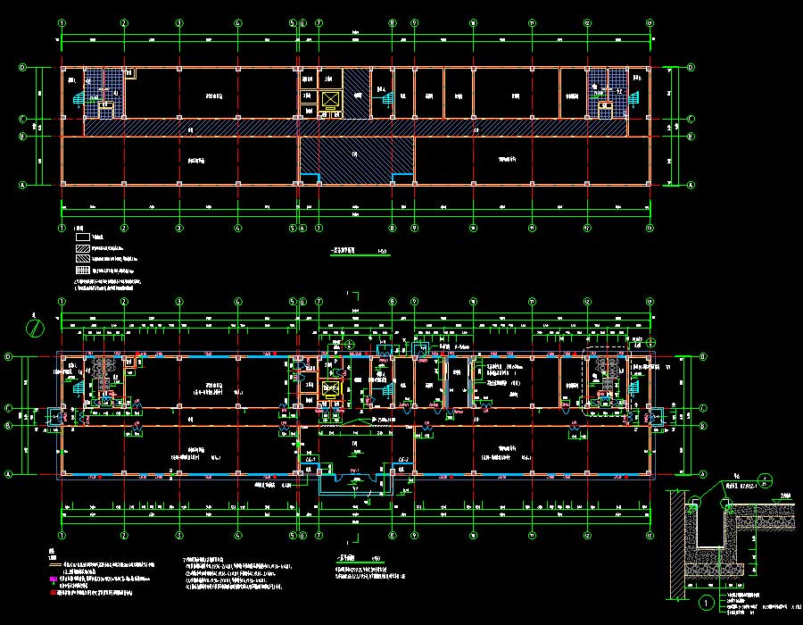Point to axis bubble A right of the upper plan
click(691, 184)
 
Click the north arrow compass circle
click(36, 328)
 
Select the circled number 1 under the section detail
click(706, 603)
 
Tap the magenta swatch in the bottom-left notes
click(53, 579)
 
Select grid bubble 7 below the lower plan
click(319, 536)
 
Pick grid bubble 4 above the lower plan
click(238, 302)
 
